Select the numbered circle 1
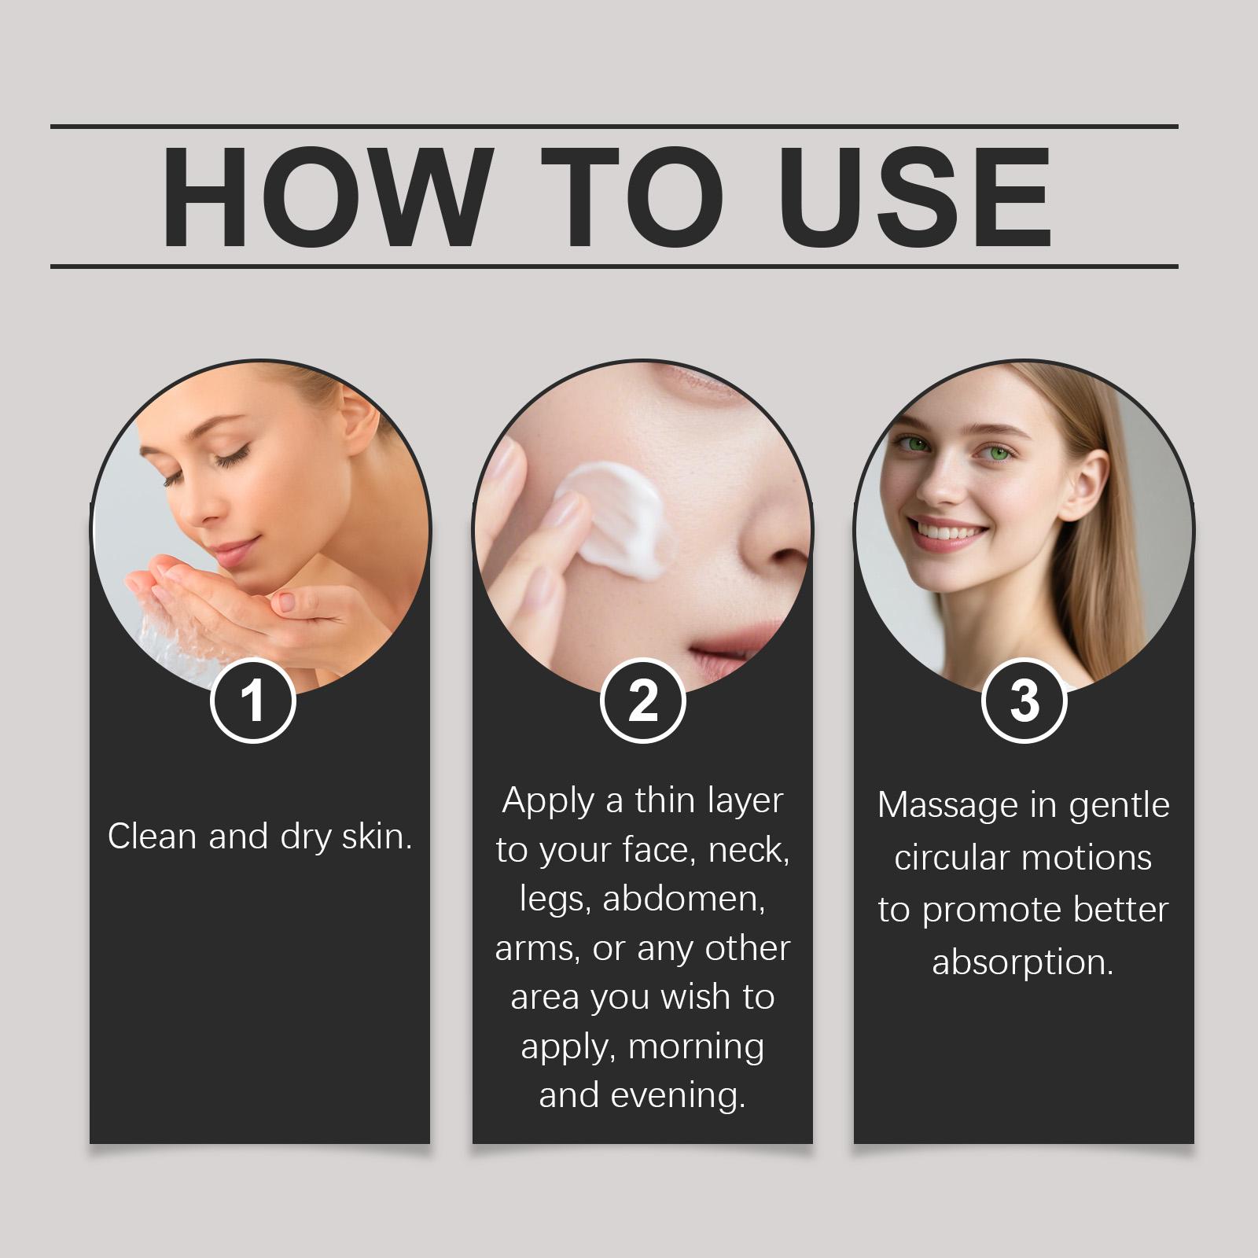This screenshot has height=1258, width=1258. [x=252, y=701]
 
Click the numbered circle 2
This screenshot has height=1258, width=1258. [x=642, y=701]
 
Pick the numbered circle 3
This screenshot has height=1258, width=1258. [x=1024, y=701]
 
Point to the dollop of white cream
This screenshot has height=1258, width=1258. [x=617, y=515]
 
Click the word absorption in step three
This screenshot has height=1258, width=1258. [x=1023, y=962]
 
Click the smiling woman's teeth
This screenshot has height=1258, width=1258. [x=947, y=534]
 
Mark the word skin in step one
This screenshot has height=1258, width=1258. [x=377, y=837]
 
